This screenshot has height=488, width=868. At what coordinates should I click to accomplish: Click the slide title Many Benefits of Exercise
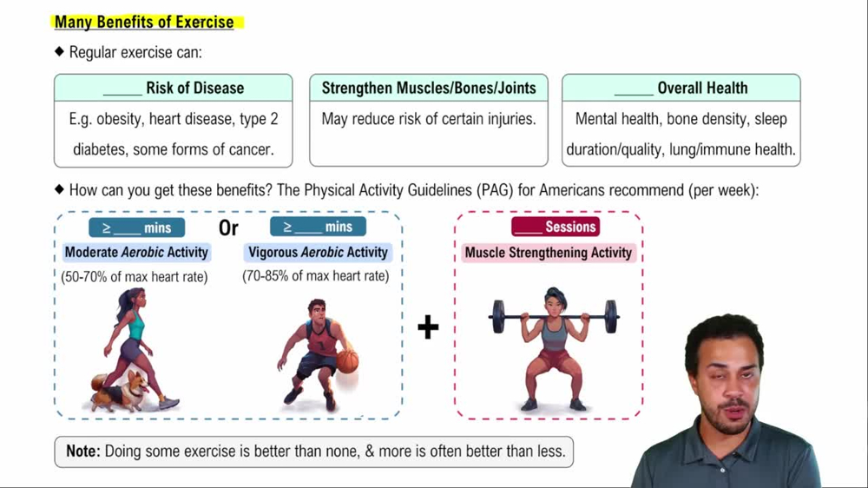coord(144,22)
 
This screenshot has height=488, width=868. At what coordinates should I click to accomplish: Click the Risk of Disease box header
coord(174,88)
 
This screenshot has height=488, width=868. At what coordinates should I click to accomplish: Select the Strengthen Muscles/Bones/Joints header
coord(429,88)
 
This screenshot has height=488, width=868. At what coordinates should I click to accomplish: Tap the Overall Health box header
coord(681,88)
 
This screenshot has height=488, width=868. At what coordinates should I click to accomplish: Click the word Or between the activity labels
coord(228,228)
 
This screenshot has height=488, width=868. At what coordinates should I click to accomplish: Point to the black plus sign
coord(428,327)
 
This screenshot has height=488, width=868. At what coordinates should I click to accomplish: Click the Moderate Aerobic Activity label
coord(136,253)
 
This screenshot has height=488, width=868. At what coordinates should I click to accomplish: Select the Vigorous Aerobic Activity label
coord(318,253)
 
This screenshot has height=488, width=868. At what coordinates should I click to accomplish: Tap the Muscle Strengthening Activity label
coord(549,253)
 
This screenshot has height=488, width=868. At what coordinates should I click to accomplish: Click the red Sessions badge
coord(556,227)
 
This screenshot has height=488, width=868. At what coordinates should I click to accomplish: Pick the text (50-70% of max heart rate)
coord(135,277)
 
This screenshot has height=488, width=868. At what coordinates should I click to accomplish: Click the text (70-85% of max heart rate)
coord(316,277)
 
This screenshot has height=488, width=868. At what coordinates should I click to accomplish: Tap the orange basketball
coord(347,361)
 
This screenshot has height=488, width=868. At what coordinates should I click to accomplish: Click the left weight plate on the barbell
coord(498,317)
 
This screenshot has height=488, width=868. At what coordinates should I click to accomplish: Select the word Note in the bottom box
coord(84,452)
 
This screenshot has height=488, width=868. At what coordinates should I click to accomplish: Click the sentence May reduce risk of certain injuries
coord(429,119)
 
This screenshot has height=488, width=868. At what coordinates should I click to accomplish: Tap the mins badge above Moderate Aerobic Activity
coord(136,228)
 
